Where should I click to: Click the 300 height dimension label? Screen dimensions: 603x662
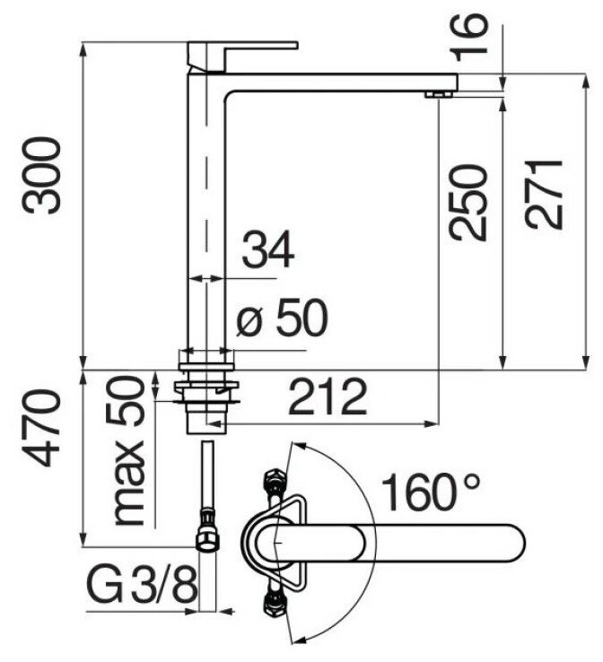(43, 174)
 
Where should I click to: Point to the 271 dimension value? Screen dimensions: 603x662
(544, 195)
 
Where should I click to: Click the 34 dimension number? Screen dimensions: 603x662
(268, 250)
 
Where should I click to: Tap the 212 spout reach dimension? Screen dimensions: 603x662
(328, 396)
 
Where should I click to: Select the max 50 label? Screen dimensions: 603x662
(127, 451)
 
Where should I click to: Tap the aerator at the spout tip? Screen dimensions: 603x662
(437, 92)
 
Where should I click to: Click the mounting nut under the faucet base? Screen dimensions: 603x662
(207, 388)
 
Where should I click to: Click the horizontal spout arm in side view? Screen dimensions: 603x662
(341, 83)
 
